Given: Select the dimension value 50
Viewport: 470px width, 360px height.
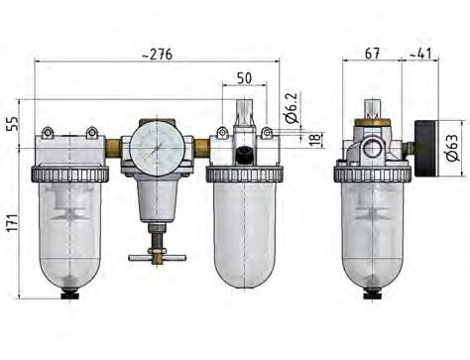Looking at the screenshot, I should point(244,77).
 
